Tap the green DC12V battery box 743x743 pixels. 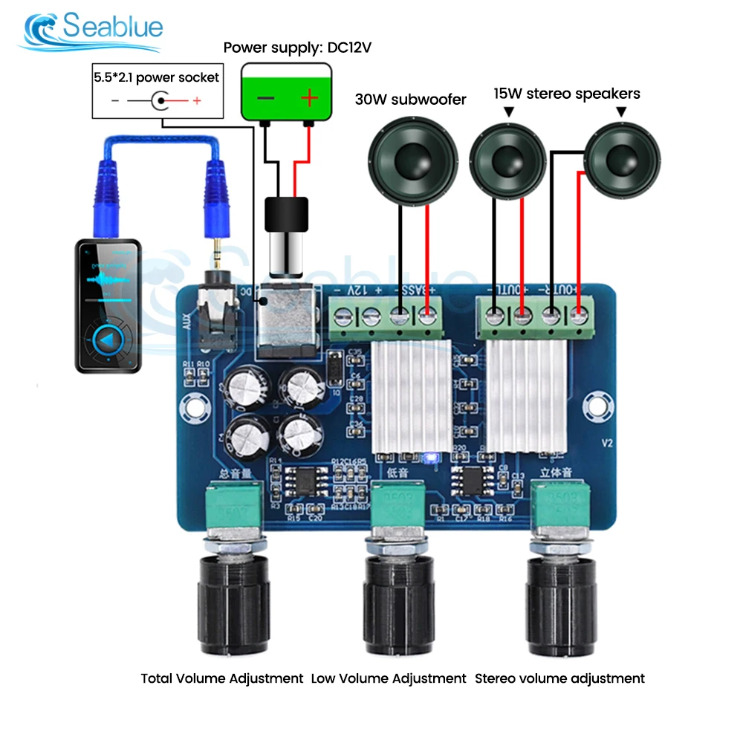(285, 93)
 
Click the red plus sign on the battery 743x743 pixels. (308, 98)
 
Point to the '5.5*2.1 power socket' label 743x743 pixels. (156, 77)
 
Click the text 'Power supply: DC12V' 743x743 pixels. (297, 48)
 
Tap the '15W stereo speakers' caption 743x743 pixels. (567, 94)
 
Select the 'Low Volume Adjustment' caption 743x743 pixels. (389, 678)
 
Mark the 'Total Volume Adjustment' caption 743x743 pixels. (222, 678)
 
